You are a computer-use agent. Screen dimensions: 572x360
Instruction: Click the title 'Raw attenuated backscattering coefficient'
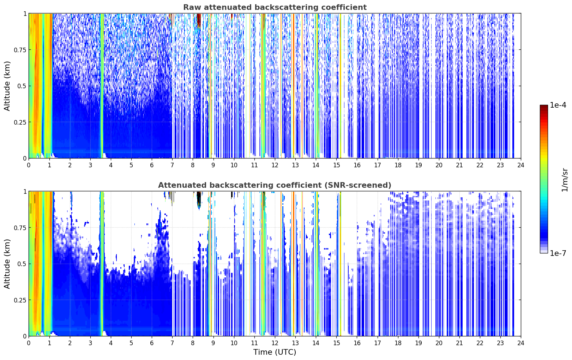coord(275,7)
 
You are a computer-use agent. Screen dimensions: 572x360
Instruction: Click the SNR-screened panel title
coord(275,185)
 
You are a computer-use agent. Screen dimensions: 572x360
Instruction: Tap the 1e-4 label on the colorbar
coord(558,105)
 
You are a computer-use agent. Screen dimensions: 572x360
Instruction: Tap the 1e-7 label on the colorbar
coord(558,253)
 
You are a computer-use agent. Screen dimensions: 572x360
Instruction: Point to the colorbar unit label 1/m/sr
coord(565,180)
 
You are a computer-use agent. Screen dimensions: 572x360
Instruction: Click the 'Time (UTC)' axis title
coord(275,352)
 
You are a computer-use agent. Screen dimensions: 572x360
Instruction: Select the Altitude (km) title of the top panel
coord(7,86)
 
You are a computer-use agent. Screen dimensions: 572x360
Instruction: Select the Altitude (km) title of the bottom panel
coord(7,264)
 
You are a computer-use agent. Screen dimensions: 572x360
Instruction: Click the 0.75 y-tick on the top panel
coord(20,50)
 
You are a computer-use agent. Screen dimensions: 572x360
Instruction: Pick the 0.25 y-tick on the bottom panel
coord(20,300)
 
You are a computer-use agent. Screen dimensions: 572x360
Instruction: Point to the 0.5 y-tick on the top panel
coord(22,86)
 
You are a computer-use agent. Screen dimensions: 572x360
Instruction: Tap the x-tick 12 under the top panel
coord(275,165)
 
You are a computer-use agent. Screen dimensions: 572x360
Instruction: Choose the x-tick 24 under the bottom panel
coord(521,343)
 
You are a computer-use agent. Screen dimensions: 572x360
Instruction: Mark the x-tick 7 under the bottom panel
coord(172,343)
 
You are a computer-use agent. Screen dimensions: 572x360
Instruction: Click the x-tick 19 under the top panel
coord(418,165)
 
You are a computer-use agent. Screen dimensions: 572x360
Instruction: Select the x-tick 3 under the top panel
coord(90,165)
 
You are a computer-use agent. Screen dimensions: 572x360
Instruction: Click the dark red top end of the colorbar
coord(544,106)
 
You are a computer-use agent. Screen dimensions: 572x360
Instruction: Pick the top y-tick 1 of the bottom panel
coord(25,192)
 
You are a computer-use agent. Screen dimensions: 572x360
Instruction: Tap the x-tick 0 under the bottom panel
coord(29,343)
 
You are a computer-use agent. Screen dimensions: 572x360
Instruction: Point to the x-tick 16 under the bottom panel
coord(357,343)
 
